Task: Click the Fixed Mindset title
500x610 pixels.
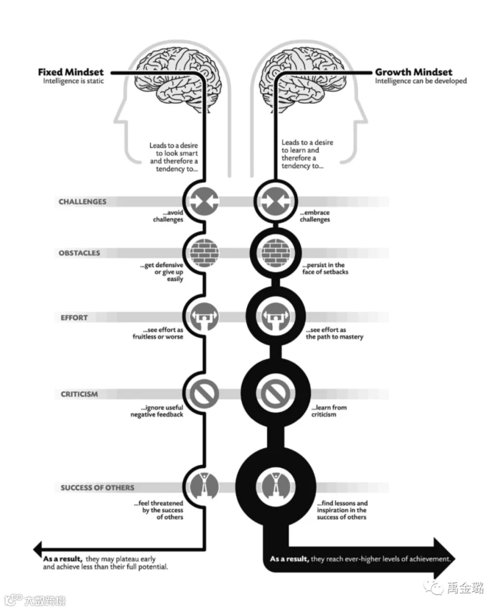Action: [71, 72]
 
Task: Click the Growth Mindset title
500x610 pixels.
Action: [414, 72]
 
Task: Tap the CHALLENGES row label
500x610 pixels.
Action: [82, 202]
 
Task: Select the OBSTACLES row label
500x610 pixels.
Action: [79, 253]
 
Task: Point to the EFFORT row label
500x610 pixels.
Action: [74, 317]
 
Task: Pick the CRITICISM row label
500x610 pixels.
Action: [79, 394]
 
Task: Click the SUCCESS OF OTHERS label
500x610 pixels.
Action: [97, 487]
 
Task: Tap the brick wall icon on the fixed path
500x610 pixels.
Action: [204, 253]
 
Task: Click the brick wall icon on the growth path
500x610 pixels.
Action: [276, 253]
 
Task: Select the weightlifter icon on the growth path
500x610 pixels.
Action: [276, 317]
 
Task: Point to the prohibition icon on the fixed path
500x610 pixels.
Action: [204, 394]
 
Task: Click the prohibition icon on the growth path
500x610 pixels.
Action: [276, 394]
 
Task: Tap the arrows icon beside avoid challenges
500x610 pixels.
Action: [204, 201]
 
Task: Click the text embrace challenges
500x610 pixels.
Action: [315, 216]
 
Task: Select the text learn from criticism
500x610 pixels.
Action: [329, 411]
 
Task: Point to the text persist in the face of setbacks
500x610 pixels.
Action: [326, 268]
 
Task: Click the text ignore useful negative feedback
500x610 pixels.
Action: [157, 411]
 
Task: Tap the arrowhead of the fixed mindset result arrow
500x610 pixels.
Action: [37, 549]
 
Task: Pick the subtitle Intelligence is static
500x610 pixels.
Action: [73, 81]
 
